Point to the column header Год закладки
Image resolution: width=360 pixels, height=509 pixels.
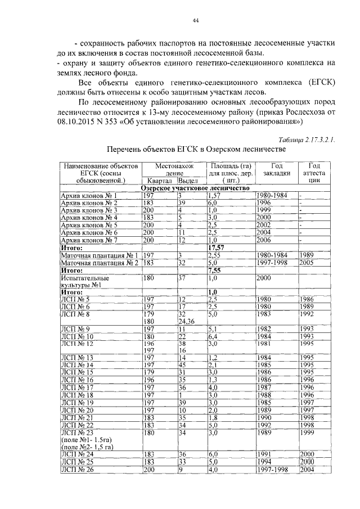(x=276, y=170)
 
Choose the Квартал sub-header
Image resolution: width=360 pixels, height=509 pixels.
(x=159, y=181)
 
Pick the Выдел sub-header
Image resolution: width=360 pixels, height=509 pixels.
(x=190, y=181)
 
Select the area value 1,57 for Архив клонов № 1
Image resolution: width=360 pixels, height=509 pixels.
(x=214, y=195)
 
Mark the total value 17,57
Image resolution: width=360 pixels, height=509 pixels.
(x=217, y=246)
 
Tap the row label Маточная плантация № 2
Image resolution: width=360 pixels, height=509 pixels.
(x=100, y=262)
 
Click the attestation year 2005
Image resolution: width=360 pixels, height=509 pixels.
(x=307, y=262)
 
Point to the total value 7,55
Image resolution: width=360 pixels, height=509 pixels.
(x=215, y=269)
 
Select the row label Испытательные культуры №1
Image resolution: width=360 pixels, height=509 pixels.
(x=85, y=281)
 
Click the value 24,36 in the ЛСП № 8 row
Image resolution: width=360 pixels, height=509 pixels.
(x=187, y=322)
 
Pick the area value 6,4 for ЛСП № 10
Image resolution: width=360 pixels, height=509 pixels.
(x=213, y=336)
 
